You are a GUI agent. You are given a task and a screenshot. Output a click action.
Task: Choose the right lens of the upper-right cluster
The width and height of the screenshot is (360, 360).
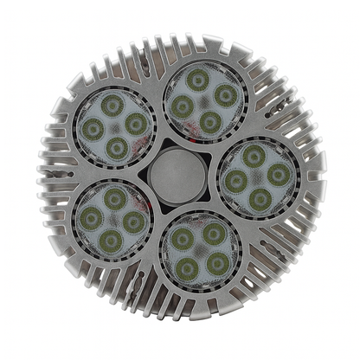224,95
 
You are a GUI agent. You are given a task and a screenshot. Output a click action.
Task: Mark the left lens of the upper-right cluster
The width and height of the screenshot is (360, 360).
183,106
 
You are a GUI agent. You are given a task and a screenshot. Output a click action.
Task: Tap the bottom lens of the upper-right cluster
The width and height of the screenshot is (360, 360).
210,122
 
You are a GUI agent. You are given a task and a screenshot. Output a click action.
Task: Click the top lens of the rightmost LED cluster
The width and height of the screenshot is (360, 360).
254,155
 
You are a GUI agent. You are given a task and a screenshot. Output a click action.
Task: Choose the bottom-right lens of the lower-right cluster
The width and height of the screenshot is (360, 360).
218,261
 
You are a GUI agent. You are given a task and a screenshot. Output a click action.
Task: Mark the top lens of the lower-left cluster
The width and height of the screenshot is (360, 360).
114,199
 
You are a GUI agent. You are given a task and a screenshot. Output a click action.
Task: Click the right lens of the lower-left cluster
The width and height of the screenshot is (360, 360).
133,222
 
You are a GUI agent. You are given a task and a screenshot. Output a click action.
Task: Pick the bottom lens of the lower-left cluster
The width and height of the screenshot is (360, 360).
109,241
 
